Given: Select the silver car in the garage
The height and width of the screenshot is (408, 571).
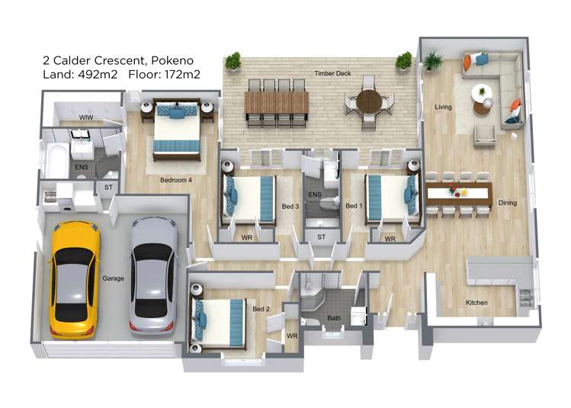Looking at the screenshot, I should point(153,275).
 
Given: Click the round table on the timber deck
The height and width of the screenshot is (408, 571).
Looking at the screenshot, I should point(369,101).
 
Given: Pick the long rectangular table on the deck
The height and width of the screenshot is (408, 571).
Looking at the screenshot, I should point(276,102).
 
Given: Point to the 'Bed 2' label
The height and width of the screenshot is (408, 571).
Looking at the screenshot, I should point(261,309).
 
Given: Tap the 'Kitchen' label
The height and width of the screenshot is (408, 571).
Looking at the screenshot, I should point(476,303).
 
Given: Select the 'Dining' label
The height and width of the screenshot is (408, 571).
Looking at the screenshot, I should point(507,203).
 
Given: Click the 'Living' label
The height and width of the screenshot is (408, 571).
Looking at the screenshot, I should point(443,107).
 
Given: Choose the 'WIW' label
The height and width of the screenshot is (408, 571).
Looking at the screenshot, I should point(86,117).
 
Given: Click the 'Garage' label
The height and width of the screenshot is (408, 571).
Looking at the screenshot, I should point(113,278).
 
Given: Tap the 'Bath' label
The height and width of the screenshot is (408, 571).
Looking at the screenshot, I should point(334,317).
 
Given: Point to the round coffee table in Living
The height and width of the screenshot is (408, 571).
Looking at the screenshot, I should point(482,93).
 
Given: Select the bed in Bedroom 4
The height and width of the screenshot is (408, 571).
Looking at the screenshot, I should point(177,131).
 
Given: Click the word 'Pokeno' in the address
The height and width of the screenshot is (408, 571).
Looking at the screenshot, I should point(171,60).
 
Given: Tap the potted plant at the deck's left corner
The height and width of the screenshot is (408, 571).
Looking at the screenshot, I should point(233,60).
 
